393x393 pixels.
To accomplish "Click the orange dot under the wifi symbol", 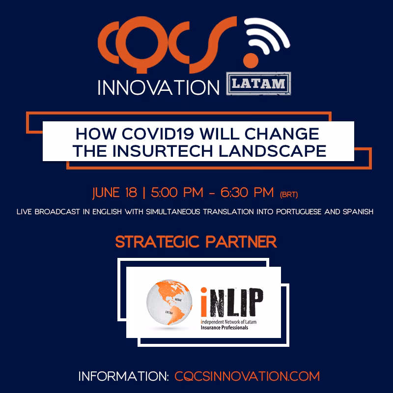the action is pos(251,60).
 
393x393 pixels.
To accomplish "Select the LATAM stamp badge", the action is pos(258,84).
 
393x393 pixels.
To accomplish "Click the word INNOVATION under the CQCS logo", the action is pos(158,88).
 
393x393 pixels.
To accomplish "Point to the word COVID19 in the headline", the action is pos(158,134).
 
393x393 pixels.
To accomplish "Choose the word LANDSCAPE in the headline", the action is pos(273,151).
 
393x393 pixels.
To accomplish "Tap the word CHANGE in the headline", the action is pos(281,134).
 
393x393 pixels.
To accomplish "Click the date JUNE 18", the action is pos(115,193).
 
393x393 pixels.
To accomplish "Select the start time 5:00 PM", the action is pos(177,193).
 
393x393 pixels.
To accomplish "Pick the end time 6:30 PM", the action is pos(247,193).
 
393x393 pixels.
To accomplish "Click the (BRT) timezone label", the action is pos(289,195).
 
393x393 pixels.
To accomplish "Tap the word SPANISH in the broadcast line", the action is pos(358,212).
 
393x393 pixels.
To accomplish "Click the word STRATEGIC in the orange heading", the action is pos(157,242).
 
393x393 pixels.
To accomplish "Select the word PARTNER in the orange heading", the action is pos(241,242).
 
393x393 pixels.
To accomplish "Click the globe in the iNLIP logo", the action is pos(169,302).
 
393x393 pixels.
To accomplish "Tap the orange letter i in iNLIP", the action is pos(204,302).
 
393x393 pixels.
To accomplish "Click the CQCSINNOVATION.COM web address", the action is pos(247,376).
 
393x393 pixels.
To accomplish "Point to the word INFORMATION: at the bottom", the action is pos(124,376).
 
